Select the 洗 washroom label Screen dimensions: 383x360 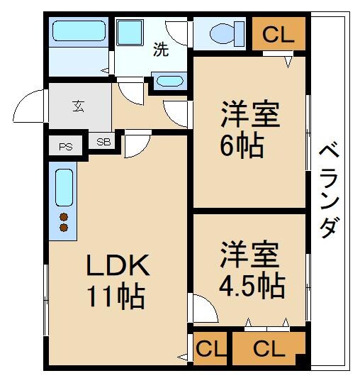coord(161,50)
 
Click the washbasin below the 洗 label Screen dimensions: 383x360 coord(169,80)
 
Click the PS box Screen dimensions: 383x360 coord(66,147)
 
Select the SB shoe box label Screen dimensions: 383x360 coord(103,142)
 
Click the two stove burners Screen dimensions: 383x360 coord(64,222)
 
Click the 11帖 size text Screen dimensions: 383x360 coord(116,295)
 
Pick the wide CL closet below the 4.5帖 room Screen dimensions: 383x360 coord(269,349)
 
